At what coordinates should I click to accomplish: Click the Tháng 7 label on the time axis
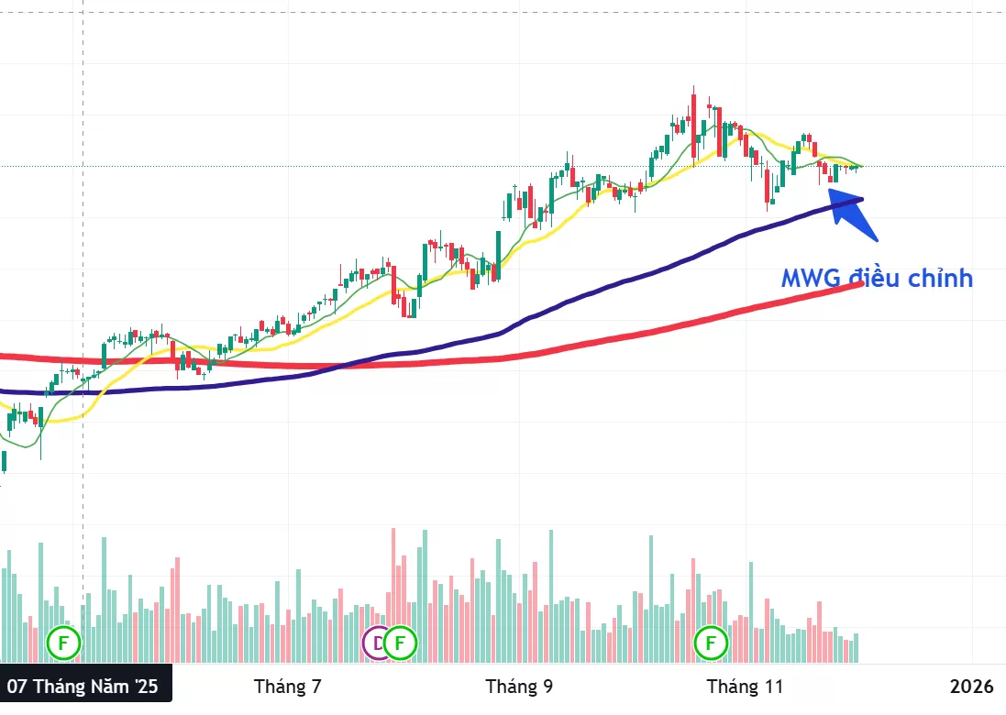click(x=288, y=687)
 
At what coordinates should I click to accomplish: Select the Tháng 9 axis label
click(x=519, y=687)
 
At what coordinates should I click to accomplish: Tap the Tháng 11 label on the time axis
click(x=746, y=687)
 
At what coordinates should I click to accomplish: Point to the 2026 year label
click(x=972, y=687)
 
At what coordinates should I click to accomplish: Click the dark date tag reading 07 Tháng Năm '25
click(x=83, y=687)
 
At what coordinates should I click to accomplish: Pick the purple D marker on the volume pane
click(x=377, y=643)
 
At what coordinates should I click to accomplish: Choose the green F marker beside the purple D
click(x=400, y=643)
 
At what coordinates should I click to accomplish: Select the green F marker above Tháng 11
click(x=711, y=643)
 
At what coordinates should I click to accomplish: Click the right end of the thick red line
click(x=859, y=284)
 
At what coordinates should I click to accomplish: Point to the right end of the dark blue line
click(x=860, y=199)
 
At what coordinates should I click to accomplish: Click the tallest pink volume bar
click(x=393, y=587)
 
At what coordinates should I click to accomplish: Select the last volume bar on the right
click(x=857, y=647)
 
